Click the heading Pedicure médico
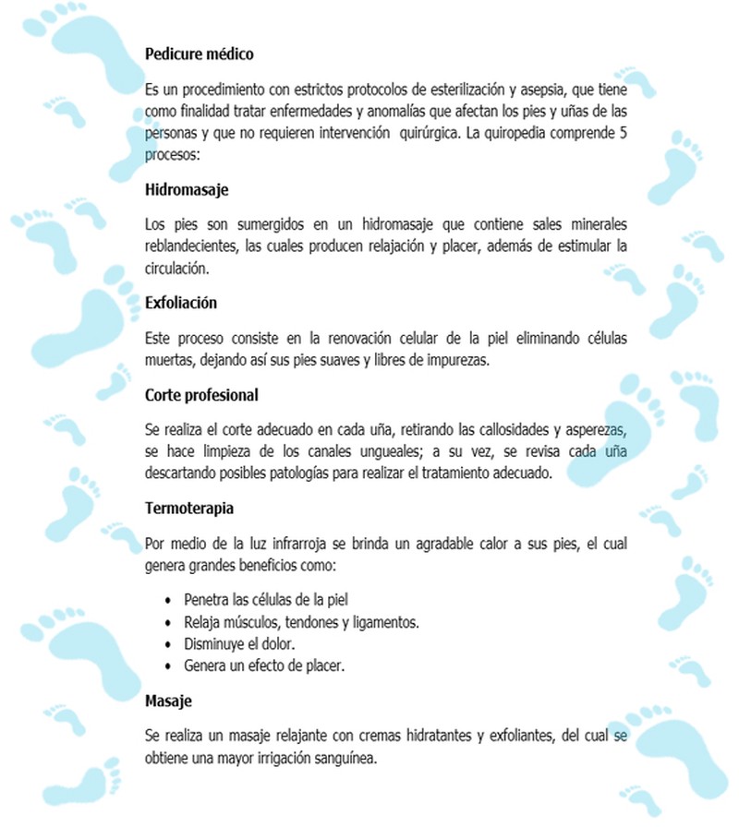[x=200, y=54]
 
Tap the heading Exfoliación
[x=181, y=303]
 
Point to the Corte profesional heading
[x=201, y=395]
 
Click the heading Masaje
[x=168, y=701]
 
